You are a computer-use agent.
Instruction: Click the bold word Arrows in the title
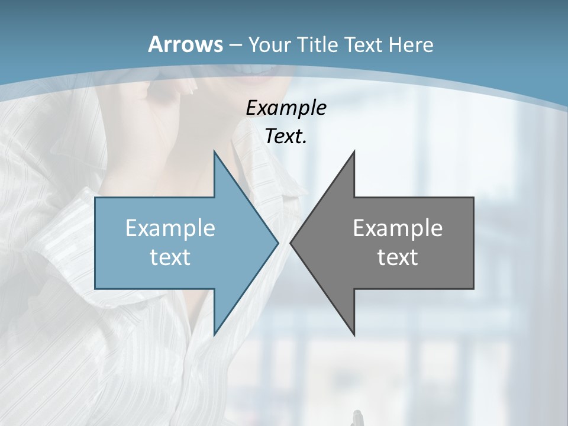coord(185,44)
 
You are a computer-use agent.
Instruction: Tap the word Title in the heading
coord(318,44)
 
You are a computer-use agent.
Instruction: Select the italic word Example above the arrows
coord(286,108)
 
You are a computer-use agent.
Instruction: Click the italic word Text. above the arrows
coord(286,137)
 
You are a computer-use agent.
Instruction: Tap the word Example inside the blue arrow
coord(170,228)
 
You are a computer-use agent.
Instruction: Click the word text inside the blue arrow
coord(170,257)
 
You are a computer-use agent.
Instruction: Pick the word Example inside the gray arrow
coord(398,228)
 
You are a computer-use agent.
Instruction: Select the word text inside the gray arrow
coord(398,257)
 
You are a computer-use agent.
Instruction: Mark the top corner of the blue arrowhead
coord(214,151)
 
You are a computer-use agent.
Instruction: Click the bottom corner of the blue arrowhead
coord(214,335)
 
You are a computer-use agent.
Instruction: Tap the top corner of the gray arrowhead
coord(354,151)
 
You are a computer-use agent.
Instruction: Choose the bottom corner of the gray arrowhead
coord(354,335)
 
